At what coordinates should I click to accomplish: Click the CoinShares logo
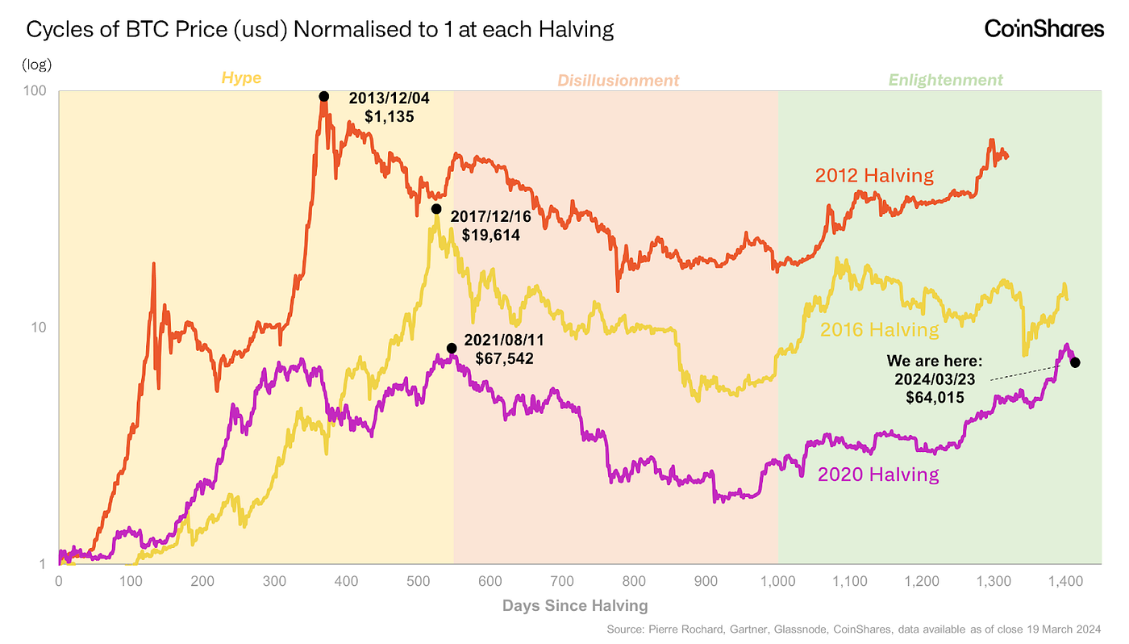[1044, 29]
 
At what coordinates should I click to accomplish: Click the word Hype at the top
[241, 78]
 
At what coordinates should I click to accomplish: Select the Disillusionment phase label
[618, 80]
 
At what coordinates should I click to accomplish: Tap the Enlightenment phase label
[946, 80]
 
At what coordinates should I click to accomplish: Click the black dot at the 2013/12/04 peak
[324, 96]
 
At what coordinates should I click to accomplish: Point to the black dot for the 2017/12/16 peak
[436, 208]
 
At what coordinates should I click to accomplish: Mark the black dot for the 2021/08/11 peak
[452, 348]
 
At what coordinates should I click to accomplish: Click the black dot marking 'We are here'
[1075, 362]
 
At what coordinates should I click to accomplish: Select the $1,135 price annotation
[390, 116]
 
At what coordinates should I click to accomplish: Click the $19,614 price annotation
[491, 236]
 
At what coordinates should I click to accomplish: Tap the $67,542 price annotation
[504, 358]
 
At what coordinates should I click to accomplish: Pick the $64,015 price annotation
[934, 396]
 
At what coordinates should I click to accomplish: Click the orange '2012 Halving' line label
[873, 175]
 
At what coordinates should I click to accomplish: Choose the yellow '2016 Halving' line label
[880, 329]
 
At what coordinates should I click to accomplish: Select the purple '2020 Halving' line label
[878, 474]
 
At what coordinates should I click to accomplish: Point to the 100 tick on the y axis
[35, 92]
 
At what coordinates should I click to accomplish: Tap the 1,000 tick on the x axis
[778, 580]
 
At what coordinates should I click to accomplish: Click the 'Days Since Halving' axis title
[574, 605]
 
